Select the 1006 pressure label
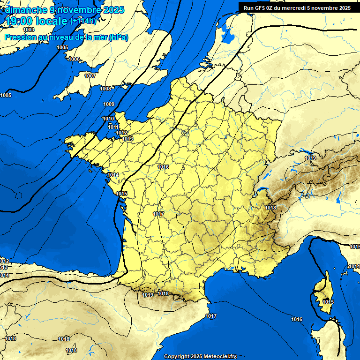pos(74,59)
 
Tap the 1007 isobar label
pos(90,76)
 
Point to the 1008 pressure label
pos(105,89)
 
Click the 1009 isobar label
pos(109,104)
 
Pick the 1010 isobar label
pos(108,119)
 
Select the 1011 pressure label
pos(113,127)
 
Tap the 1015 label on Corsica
pos(328,302)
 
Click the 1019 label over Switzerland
pos(310,158)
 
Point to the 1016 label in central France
pos(163,167)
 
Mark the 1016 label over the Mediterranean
pos(296,320)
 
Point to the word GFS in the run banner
pos(260,7)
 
